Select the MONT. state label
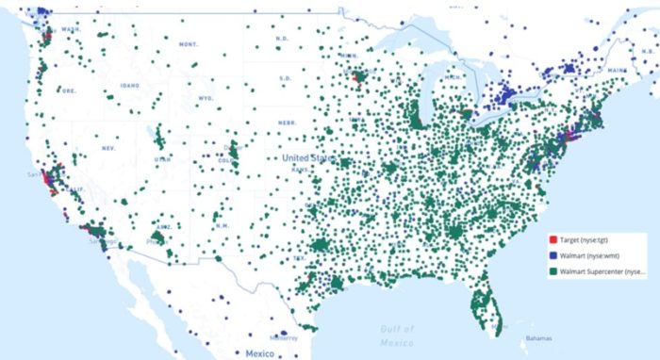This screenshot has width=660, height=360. [189, 44]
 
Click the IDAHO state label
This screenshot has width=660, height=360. [129, 86]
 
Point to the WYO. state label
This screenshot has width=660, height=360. [206, 98]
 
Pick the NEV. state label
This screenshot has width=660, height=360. [107, 149]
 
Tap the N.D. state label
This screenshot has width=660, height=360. [282, 39]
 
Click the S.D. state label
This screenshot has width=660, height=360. [285, 78]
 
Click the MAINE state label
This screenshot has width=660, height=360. [619, 70]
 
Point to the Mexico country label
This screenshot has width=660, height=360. [259, 353]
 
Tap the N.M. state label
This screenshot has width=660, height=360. [223, 226]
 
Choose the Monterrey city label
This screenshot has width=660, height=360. [282, 337]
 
